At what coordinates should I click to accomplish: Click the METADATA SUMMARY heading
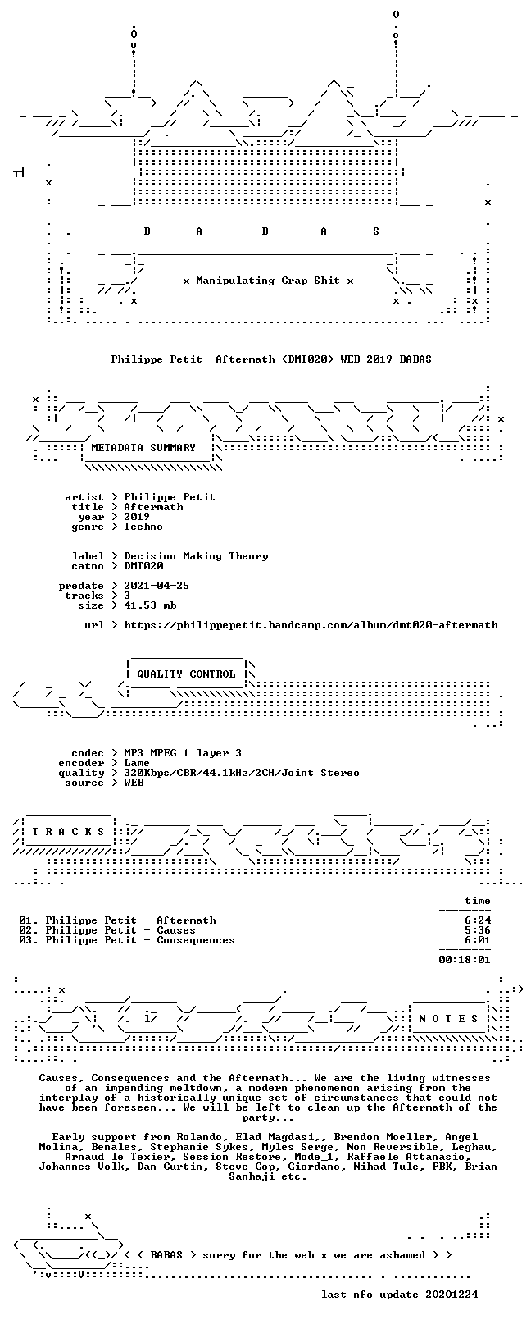pyautogui.click(x=143, y=447)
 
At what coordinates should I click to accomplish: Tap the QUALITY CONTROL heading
pyautogui.click(x=186, y=674)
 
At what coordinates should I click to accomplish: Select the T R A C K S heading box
pyautogui.click(x=68, y=832)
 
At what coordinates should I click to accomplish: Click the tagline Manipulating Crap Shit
pyautogui.click(x=268, y=281)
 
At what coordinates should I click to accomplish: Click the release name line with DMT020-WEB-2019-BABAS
pyautogui.click(x=271, y=359)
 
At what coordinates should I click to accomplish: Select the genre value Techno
pyautogui.click(x=143, y=527)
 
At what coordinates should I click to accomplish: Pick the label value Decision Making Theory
pyautogui.click(x=196, y=556)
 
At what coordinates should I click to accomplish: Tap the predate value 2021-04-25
pyautogui.click(x=157, y=586)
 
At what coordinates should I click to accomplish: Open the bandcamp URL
pyautogui.click(x=311, y=625)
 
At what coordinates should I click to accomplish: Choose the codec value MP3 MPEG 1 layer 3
pyautogui.click(x=183, y=753)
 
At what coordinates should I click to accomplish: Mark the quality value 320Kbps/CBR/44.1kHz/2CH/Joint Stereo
pyautogui.click(x=241, y=773)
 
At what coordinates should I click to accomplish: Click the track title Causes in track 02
pyautogui.click(x=176, y=930)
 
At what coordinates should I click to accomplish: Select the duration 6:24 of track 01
pyautogui.click(x=478, y=920)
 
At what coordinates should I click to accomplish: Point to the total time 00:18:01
pyautogui.click(x=465, y=959)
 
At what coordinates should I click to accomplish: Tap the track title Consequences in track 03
pyautogui.click(x=196, y=940)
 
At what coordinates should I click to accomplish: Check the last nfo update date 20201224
pyautogui.click(x=452, y=1294)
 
